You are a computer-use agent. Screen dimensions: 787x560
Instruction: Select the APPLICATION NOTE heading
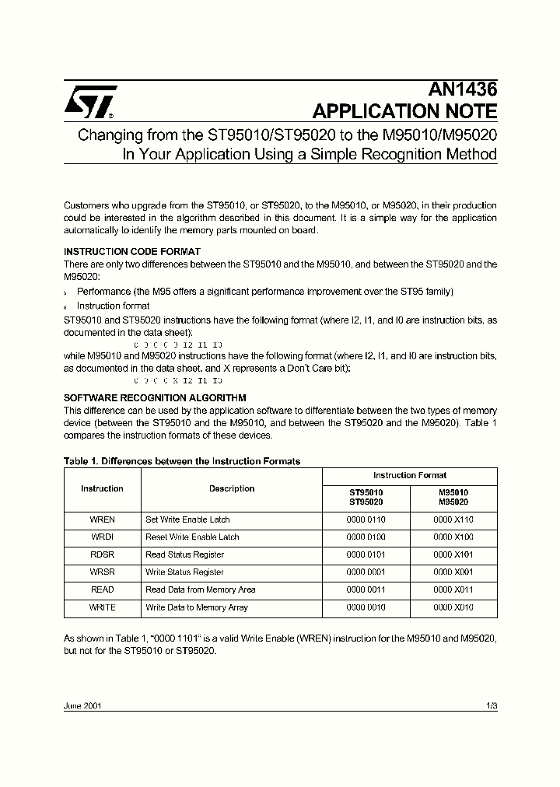pyautogui.click(x=404, y=111)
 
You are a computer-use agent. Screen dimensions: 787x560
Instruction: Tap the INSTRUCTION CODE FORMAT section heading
pyautogui.click(x=131, y=251)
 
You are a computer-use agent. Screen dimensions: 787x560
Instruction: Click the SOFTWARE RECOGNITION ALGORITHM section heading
pyautogui.click(x=155, y=397)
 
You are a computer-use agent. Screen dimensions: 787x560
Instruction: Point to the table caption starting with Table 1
pyautogui.click(x=181, y=461)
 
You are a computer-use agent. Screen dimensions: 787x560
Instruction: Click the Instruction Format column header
pyautogui.click(x=409, y=475)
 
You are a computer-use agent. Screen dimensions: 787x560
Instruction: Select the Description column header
pyautogui.click(x=232, y=488)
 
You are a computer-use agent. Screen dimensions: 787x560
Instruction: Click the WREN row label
pyautogui.click(x=102, y=519)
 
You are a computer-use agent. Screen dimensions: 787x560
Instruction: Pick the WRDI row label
pyautogui.click(x=102, y=537)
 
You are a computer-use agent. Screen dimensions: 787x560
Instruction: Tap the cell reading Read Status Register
pyautogui.click(x=184, y=554)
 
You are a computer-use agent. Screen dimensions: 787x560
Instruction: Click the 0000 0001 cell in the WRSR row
pyautogui.click(x=366, y=572)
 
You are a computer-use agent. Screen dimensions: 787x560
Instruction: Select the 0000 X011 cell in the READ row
pyautogui.click(x=453, y=589)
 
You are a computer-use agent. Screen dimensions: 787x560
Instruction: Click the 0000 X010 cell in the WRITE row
pyautogui.click(x=453, y=607)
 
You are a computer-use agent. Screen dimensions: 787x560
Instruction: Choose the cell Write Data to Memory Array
pyautogui.click(x=197, y=607)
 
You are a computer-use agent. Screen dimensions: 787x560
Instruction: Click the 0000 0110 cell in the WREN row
pyautogui.click(x=366, y=519)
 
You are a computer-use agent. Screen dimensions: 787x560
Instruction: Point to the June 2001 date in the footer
pyautogui.click(x=82, y=706)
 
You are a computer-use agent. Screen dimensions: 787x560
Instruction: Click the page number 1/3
pyautogui.click(x=491, y=706)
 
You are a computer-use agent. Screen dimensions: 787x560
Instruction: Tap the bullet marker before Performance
pyautogui.click(x=66, y=292)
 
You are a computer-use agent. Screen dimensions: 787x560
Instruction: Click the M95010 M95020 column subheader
pyautogui.click(x=453, y=497)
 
